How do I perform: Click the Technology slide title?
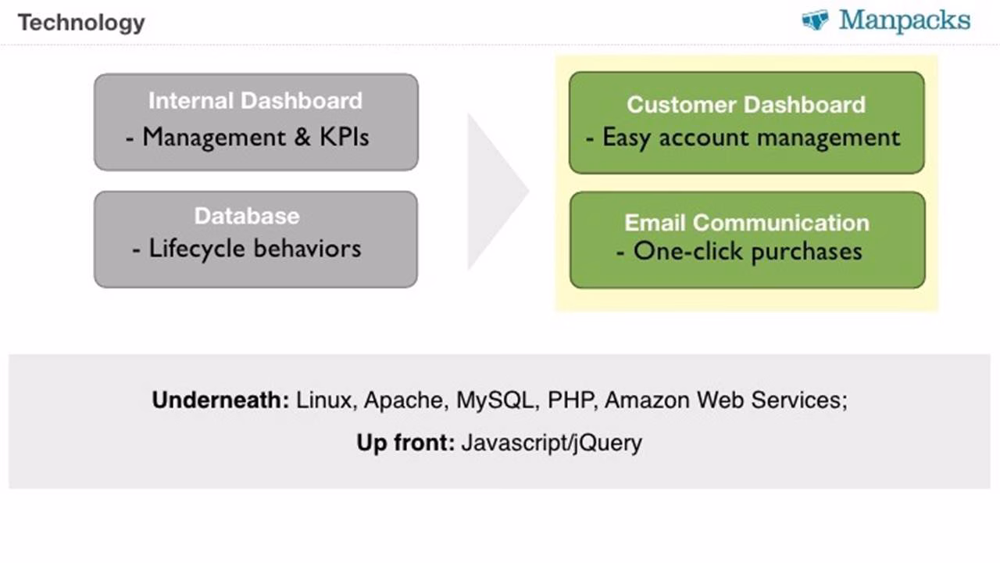(x=82, y=23)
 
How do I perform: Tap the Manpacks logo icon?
(x=815, y=20)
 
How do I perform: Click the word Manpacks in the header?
(x=905, y=20)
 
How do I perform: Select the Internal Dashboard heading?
(x=255, y=101)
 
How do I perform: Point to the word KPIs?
(x=345, y=137)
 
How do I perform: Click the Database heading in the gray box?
(x=247, y=216)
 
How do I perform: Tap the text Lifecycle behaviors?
(x=255, y=249)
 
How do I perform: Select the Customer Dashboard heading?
(x=746, y=105)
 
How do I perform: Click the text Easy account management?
(x=751, y=138)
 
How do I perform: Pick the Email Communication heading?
(x=747, y=223)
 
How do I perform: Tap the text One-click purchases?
(x=748, y=252)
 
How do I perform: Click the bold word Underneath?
(x=220, y=400)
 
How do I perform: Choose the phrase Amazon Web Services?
(x=726, y=400)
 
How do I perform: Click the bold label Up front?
(x=405, y=443)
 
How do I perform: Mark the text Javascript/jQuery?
(x=552, y=443)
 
